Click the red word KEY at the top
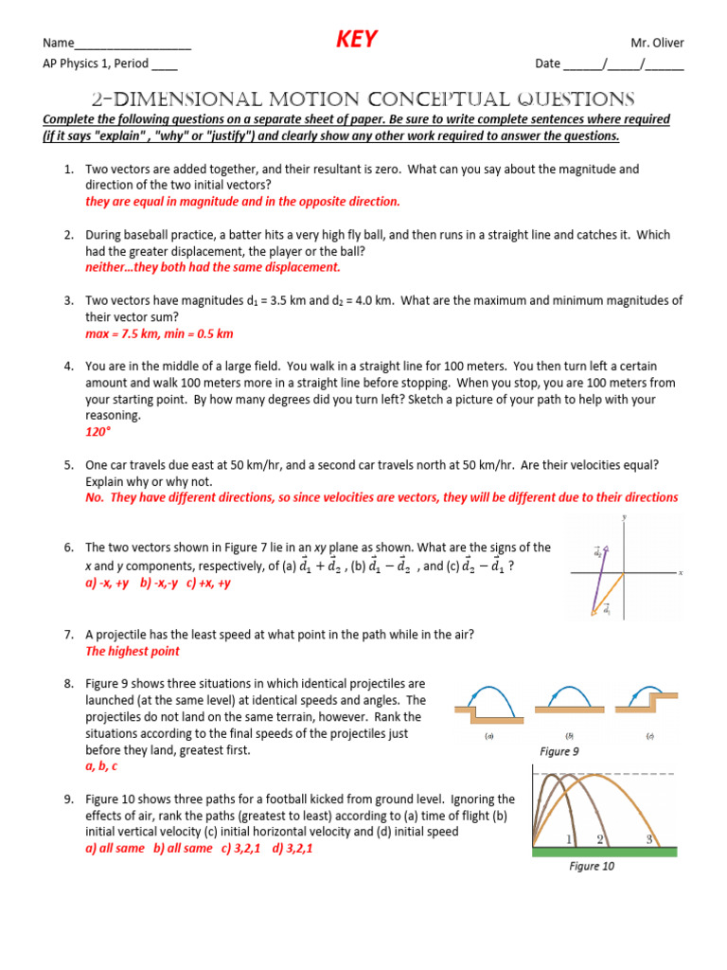tap(357, 39)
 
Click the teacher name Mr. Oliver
tap(657, 43)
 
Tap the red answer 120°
tap(98, 431)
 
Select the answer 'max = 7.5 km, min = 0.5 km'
tap(159, 333)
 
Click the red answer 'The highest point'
tap(133, 651)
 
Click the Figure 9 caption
tap(559, 751)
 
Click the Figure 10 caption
tap(592, 866)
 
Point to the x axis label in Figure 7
tap(681, 572)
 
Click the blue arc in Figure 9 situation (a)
tap(486, 693)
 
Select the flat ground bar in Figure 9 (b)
tap(570, 708)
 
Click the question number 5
tap(69, 465)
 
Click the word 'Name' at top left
tap(58, 43)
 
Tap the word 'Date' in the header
tap(547, 64)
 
